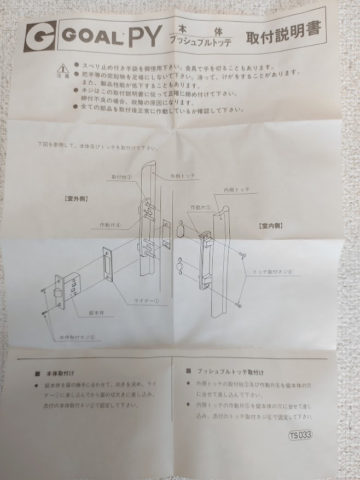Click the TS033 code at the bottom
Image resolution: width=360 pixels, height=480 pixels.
(x=301, y=436)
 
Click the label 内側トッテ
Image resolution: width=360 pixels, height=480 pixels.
(x=237, y=189)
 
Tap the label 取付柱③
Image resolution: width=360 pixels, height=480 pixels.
(x=122, y=177)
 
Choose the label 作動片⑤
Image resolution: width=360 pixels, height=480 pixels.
(x=200, y=207)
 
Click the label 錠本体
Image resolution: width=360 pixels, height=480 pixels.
(x=85, y=313)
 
